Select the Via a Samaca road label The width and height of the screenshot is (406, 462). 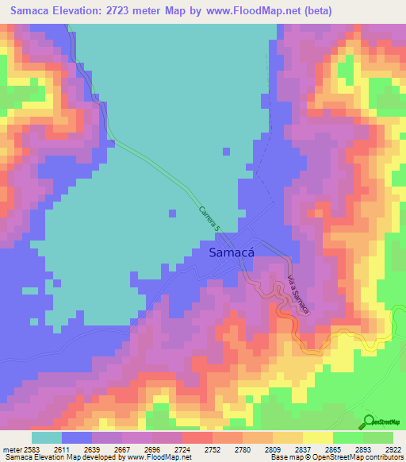(295, 295)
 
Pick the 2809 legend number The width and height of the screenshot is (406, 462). (255, 449)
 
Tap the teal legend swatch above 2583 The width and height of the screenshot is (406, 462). (47, 437)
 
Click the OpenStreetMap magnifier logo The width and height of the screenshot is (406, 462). (369, 421)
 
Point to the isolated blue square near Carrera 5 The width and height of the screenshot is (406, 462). (172, 213)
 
